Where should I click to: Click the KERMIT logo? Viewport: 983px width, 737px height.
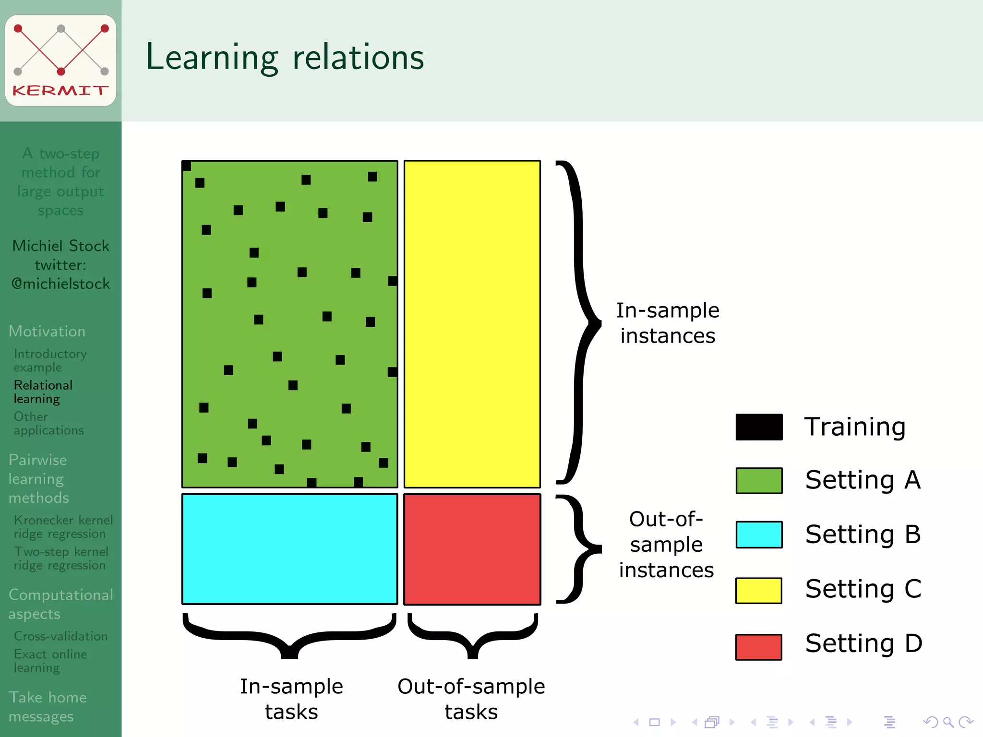click(x=60, y=60)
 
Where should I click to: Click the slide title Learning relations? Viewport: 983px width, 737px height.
click(x=285, y=58)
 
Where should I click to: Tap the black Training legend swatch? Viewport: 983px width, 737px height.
click(x=759, y=427)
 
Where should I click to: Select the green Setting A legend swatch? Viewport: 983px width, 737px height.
click(x=759, y=481)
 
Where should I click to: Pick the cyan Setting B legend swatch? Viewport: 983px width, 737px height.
click(x=759, y=535)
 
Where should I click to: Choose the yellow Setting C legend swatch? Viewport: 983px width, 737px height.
click(x=758, y=590)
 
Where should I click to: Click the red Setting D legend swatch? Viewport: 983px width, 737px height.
click(x=758, y=647)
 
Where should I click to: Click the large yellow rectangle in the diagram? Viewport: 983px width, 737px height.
click(x=472, y=324)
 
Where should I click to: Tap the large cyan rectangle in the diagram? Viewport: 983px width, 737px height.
click(x=289, y=549)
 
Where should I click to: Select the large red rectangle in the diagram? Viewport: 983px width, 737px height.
click(x=472, y=549)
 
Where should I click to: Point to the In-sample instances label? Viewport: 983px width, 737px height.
click(x=668, y=323)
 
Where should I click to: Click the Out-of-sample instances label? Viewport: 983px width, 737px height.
click(x=666, y=545)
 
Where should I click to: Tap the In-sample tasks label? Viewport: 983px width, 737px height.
click(x=291, y=699)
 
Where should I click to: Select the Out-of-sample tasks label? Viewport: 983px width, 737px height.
click(x=471, y=699)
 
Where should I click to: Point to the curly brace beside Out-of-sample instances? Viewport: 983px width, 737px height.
click(x=578, y=548)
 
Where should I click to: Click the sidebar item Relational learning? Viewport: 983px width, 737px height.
click(x=43, y=392)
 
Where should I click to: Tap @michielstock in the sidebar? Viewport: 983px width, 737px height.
click(x=60, y=284)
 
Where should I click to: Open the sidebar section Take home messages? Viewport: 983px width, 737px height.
click(x=48, y=706)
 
